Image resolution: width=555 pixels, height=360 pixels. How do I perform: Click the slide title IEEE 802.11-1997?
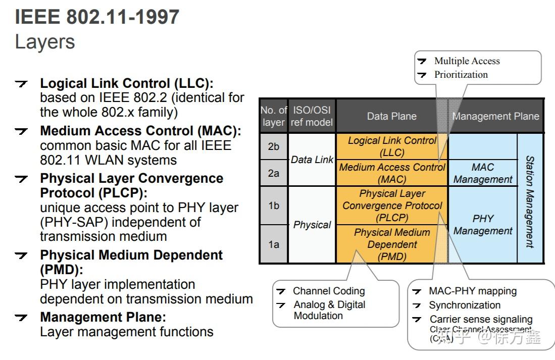click(97, 17)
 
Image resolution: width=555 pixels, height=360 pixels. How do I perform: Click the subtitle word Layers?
click(45, 41)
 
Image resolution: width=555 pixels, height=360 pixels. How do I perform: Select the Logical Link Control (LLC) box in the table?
click(392, 146)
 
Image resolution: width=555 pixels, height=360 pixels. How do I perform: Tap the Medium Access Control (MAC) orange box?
click(392, 173)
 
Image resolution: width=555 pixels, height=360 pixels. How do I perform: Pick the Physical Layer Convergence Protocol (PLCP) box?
click(392, 205)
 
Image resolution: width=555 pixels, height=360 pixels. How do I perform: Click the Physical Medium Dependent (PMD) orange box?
click(392, 244)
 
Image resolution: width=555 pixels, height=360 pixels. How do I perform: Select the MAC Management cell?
click(483, 173)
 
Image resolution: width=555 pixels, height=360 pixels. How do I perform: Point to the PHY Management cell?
click(483, 225)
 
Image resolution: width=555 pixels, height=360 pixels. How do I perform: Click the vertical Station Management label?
click(530, 201)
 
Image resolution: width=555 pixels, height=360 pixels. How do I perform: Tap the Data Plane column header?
click(392, 116)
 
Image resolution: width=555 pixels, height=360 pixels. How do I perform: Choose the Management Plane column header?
click(495, 116)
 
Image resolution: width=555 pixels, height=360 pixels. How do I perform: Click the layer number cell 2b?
click(273, 146)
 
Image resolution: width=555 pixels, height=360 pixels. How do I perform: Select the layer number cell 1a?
click(273, 244)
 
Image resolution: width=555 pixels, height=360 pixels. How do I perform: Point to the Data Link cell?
click(312, 160)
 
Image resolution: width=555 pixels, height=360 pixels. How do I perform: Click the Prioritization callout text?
click(461, 75)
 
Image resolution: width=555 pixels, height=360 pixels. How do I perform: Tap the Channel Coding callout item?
click(329, 291)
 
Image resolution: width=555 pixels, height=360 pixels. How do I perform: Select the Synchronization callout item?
click(465, 305)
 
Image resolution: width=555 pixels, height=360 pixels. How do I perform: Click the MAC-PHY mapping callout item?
click(473, 291)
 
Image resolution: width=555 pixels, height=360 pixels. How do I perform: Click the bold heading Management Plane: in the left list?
click(103, 318)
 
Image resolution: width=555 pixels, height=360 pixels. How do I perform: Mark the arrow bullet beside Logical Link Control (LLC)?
click(22, 84)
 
